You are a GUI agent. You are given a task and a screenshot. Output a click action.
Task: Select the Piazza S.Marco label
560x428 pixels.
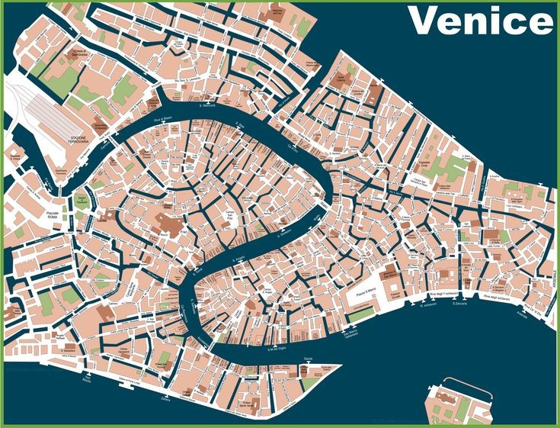364,293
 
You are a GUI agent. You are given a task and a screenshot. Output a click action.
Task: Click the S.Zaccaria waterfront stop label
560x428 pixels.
459,304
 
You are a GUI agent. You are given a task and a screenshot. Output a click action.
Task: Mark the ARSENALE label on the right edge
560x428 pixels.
553,291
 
